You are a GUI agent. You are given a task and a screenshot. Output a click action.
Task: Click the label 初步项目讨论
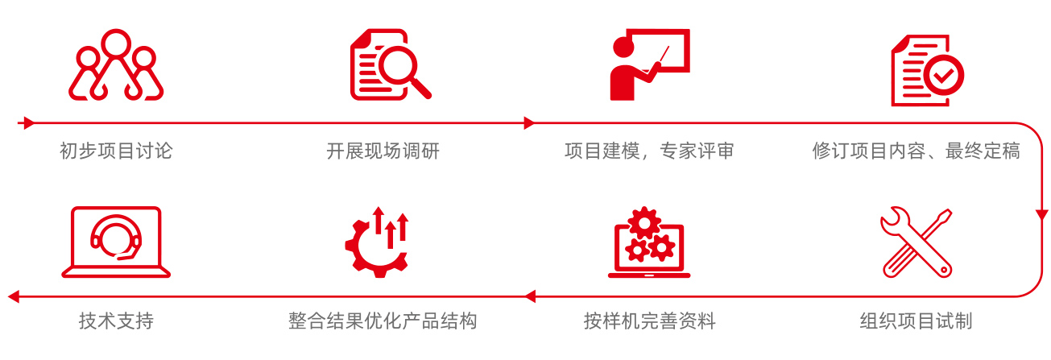coord(116,151)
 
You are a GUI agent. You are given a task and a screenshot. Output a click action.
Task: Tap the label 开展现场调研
coord(383,151)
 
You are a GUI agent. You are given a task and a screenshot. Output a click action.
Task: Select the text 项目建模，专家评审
coord(649,151)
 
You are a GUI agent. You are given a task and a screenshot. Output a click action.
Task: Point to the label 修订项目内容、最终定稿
coord(916,151)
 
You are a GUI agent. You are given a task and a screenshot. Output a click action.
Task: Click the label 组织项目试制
coord(916,321)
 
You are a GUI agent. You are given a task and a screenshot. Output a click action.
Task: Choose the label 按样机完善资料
coord(649,321)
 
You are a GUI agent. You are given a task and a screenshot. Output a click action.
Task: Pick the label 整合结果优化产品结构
coord(383,321)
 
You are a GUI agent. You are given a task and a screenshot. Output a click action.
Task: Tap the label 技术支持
coord(116,321)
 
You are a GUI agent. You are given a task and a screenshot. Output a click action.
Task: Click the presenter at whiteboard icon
coord(649,65)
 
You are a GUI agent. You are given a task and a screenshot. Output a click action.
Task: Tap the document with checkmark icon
coord(926,70)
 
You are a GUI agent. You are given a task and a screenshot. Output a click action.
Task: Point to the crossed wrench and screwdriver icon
coord(917,242)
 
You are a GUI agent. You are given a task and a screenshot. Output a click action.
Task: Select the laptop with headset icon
coord(116,242)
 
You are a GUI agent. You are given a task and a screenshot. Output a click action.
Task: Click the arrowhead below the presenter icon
coord(529,123)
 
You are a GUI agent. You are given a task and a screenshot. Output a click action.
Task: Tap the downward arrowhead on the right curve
coord(1041,213)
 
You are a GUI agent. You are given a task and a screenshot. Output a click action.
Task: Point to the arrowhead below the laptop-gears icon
coord(529,296)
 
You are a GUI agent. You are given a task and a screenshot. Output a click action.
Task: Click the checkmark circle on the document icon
coord(943,77)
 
